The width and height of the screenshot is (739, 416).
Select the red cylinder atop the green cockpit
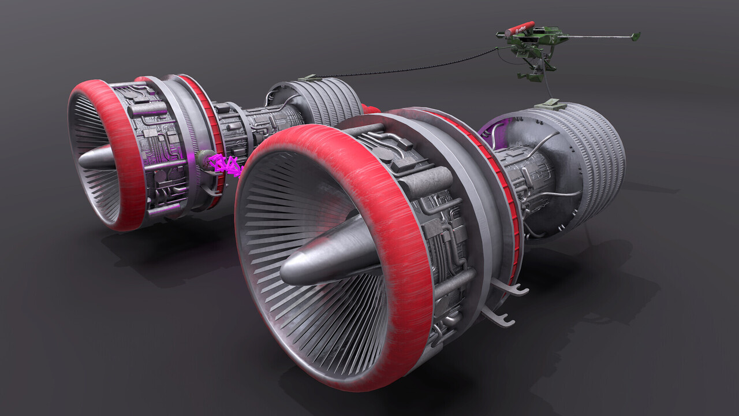[x=520, y=28]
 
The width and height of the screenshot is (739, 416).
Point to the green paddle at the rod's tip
[x=635, y=36]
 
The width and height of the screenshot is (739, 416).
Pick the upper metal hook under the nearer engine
[x=512, y=287]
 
